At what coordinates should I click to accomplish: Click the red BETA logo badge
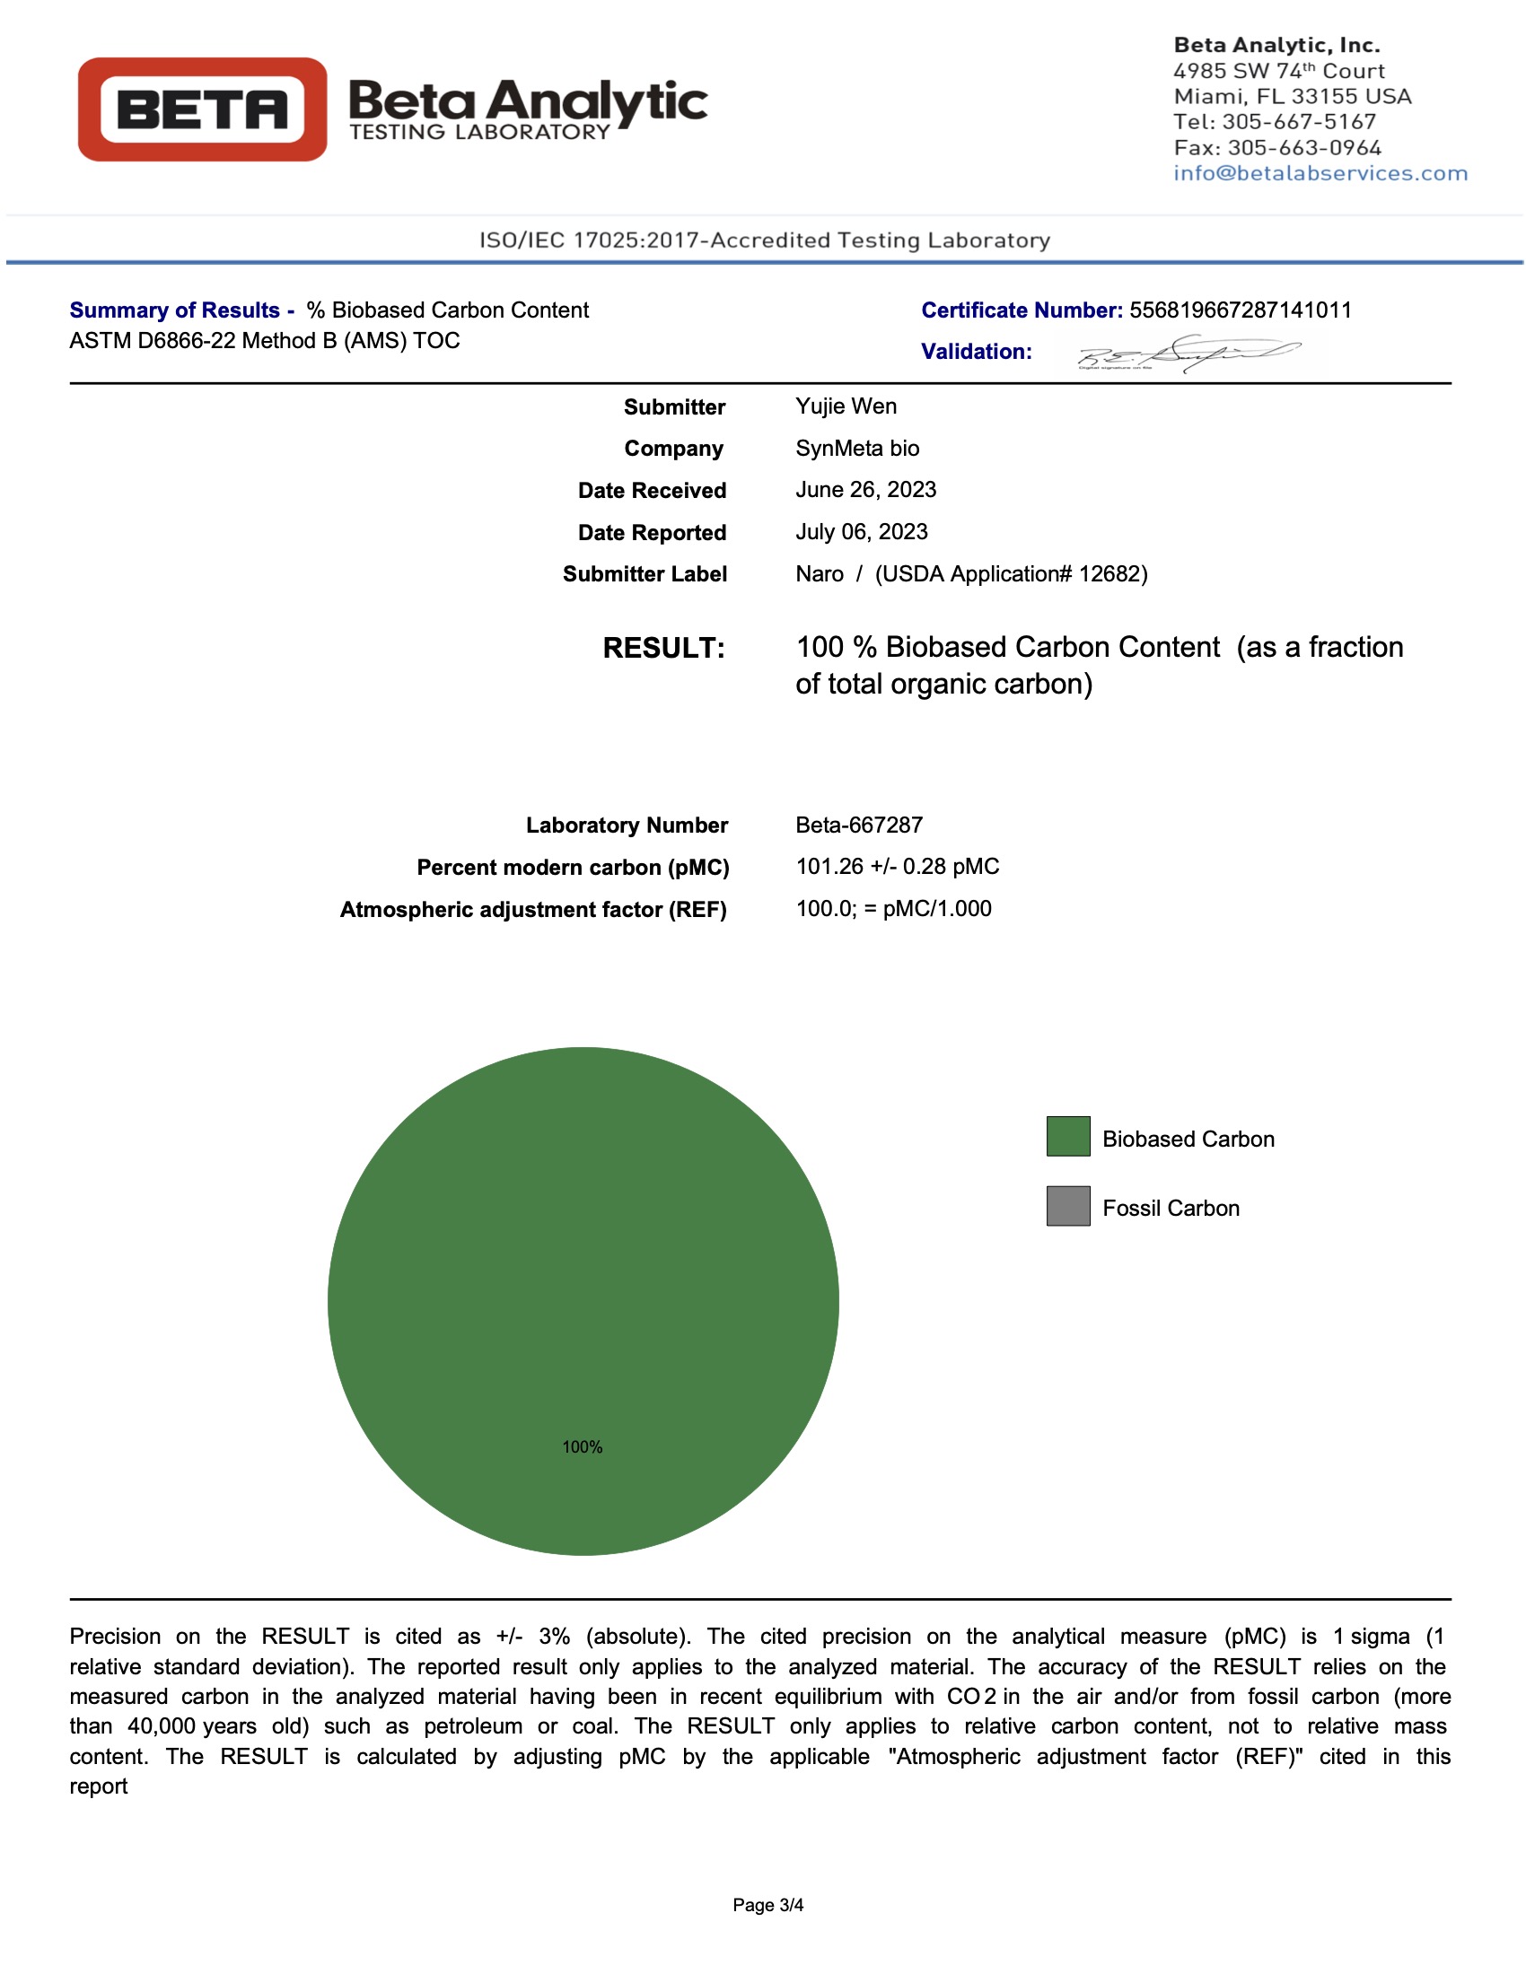203,109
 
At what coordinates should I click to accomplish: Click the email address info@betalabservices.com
1320,173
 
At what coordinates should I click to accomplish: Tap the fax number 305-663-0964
1303,148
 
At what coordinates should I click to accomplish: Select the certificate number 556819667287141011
1241,310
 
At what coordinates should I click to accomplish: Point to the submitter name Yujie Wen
846,406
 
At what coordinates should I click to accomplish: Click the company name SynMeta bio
857,449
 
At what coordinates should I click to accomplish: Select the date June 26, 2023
865,490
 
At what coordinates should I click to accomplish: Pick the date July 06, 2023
862,531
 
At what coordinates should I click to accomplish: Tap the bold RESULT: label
663,648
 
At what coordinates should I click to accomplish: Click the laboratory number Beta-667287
859,825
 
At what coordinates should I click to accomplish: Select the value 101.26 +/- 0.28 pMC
897,867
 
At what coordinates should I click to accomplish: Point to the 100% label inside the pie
583,1447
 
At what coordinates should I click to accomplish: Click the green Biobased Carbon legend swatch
1067,1136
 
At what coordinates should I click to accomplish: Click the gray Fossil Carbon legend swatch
1067,1206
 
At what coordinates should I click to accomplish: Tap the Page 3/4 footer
767,1905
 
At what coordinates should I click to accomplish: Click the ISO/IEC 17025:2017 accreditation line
764,240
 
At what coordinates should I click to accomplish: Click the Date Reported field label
652,532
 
